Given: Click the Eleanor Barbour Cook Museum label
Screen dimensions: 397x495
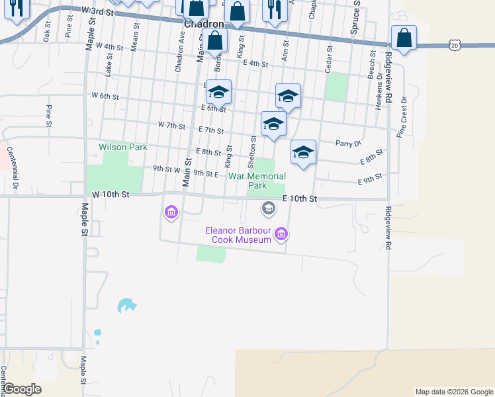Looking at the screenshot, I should pos(238,235).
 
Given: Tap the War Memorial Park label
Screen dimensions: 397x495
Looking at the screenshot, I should pos(257,181).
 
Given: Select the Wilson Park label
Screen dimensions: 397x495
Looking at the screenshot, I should pos(123,147).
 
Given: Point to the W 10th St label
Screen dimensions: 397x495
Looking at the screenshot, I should pos(111,195).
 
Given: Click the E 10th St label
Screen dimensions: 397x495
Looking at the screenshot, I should pos(300,198).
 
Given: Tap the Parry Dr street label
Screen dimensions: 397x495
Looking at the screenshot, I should pos(348,143).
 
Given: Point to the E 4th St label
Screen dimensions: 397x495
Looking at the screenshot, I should pos(255,64).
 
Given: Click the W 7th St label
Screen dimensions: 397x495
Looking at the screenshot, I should pos(171,124).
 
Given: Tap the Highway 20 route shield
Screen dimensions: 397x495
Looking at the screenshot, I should pos(453,44).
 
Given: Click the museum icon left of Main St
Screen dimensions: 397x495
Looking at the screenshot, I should pos(171,212).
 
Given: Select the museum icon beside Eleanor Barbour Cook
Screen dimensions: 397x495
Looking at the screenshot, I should pos(282,233).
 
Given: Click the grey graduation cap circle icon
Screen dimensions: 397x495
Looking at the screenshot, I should pos(269,209).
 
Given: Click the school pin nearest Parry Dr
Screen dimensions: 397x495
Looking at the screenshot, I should pos(303,153).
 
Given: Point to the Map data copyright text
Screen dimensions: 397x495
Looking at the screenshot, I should pos(453,392).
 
